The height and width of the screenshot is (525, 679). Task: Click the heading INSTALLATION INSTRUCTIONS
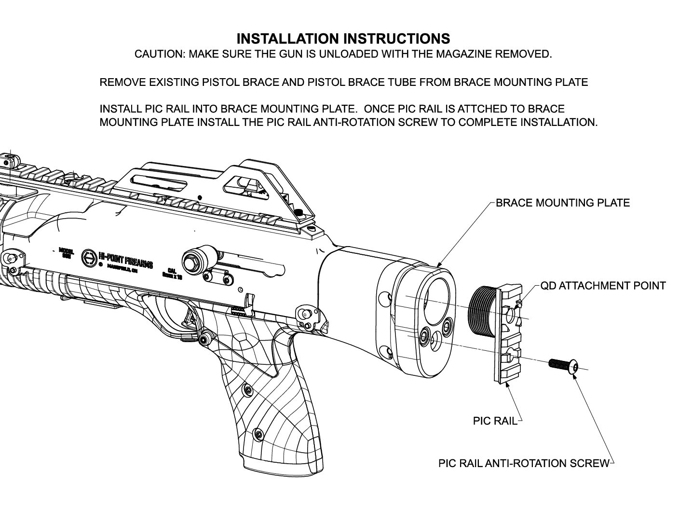[343, 39]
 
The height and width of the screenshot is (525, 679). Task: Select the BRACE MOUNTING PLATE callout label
[562, 203]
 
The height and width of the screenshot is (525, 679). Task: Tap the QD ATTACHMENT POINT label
[603, 286]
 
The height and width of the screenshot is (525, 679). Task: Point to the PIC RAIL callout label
[495, 421]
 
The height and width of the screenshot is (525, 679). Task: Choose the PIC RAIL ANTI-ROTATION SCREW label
[524, 464]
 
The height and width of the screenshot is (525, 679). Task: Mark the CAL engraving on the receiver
[172, 272]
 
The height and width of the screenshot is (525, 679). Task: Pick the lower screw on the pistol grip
[260, 434]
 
